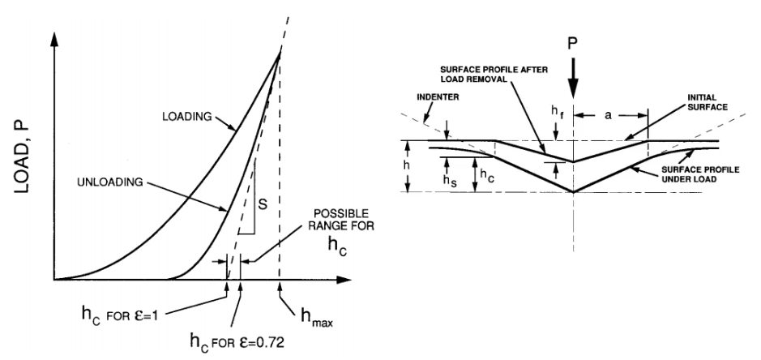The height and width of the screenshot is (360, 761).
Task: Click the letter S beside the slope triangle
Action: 263,204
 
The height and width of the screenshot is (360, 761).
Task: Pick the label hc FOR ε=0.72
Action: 237,341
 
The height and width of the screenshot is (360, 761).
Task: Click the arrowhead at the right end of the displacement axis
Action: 343,280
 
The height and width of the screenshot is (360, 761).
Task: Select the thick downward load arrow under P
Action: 573,79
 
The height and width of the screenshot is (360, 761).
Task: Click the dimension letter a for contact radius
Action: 609,116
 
